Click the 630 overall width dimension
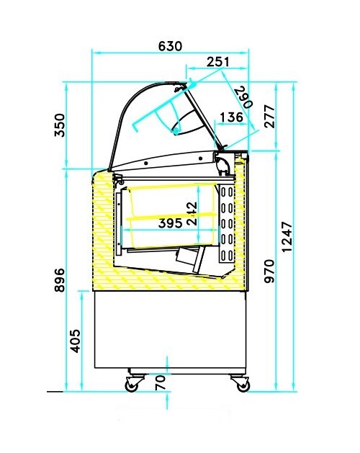pos(170,45)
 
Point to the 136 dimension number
pos(230,117)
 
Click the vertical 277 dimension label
pos(269,117)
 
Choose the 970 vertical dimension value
pos(269,272)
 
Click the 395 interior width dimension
pos(169,223)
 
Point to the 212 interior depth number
pos(192,214)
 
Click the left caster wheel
pos(132,386)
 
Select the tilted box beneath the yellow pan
pos(191,257)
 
